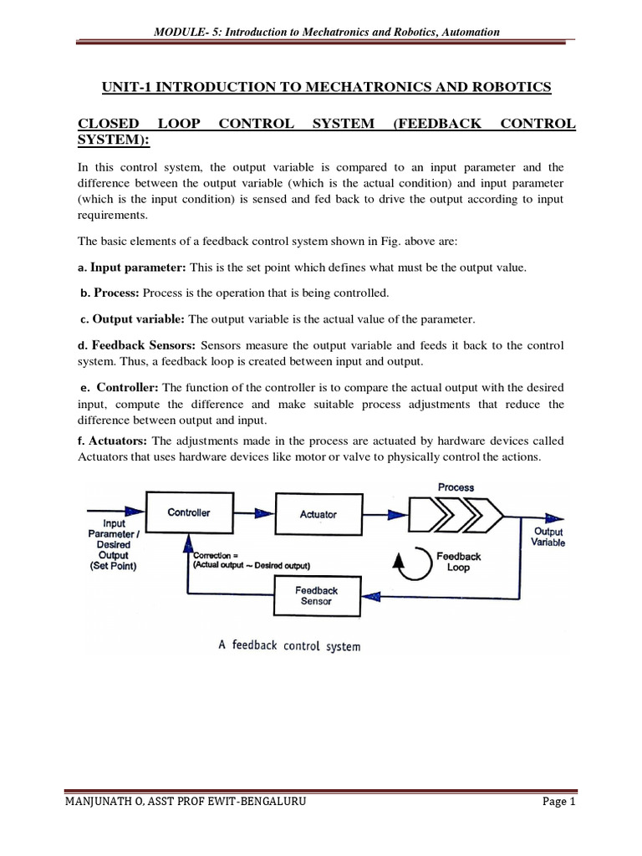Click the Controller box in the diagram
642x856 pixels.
tap(189, 512)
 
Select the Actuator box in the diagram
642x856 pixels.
tap(318, 514)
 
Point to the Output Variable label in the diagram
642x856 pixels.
tap(548, 537)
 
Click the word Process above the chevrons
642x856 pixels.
tap(456, 487)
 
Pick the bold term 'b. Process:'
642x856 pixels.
tap(111, 293)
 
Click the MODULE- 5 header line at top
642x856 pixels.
tap(327, 32)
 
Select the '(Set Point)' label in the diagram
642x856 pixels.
tap(114, 565)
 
